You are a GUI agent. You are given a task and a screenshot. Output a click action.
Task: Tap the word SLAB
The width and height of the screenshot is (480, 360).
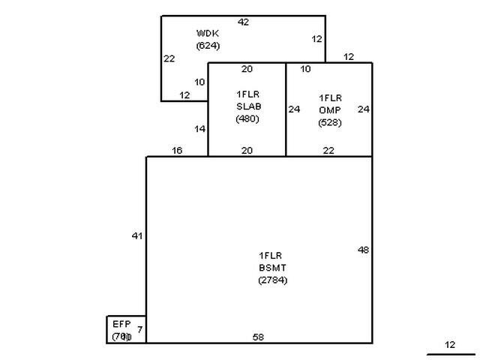click(x=247, y=106)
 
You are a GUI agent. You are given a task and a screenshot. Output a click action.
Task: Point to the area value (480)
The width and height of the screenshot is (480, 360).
click(x=247, y=118)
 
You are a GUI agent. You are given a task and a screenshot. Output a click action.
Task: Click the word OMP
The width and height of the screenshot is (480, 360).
click(x=330, y=110)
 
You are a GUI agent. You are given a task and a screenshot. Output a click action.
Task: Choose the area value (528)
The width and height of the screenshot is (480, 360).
click(x=330, y=123)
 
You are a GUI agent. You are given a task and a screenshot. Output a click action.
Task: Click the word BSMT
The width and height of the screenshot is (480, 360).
click(x=272, y=268)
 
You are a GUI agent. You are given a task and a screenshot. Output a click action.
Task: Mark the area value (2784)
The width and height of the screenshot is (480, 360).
click(x=272, y=280)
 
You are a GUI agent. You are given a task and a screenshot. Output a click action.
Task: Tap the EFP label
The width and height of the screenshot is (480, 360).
click(x=121, y=324)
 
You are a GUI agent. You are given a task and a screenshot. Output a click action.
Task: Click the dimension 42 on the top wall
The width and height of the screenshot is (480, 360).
click(x=243, y=22)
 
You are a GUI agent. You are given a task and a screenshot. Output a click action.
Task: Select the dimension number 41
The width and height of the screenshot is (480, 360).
click(x=136, y=236)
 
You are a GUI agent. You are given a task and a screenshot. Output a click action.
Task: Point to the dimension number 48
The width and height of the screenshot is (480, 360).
click(x=363, y=250)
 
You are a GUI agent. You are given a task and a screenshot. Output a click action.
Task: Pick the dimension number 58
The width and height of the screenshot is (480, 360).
click(x=258, y=337)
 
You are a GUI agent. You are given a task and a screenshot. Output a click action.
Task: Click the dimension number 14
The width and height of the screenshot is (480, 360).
click(x=200, y=129)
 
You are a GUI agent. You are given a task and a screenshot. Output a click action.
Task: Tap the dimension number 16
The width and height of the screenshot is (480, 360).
click(x=177, y=151)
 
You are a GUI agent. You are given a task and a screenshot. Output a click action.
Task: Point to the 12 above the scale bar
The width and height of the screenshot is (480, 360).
click(x=450, y=345)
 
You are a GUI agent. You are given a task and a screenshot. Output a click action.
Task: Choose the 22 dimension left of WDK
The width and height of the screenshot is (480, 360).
click(x=169, y=58)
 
